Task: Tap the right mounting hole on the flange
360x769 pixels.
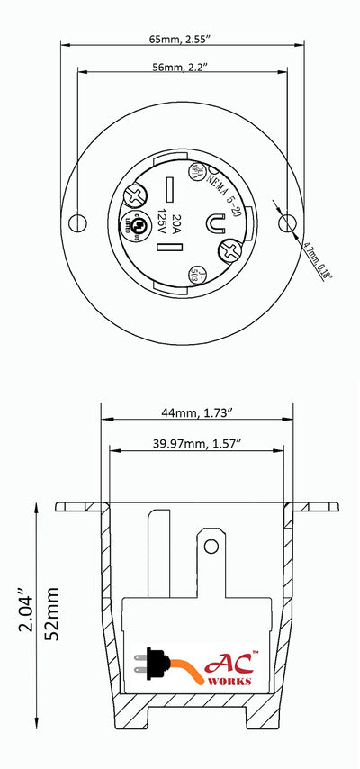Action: pyautogui.click(x=287, y=222)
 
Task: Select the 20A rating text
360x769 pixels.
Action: pyautogui.click(x=177, y=222)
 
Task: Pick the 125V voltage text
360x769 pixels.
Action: pyautogui.click(x=162, y=222)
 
